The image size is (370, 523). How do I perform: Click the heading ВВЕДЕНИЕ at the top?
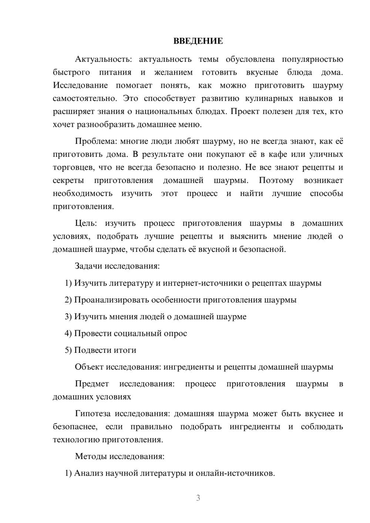pos(198,41)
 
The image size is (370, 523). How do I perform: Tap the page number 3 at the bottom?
pos(198,498)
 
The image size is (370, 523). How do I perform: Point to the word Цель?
pos(86,223)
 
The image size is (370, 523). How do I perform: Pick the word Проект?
pos(245,112)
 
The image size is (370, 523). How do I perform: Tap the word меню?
pos(190,125)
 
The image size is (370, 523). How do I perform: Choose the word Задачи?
pos(89,266)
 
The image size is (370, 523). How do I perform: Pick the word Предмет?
pos(92,384)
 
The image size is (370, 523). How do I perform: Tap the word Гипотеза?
pos(93,414)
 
